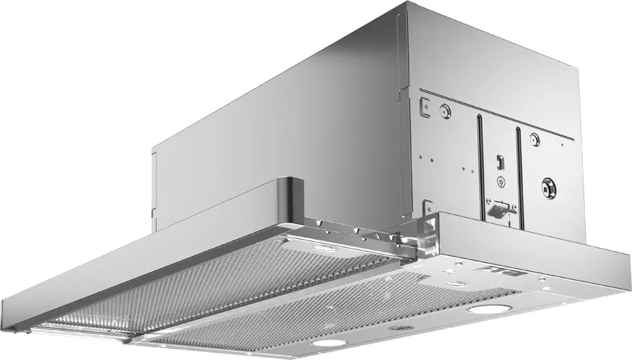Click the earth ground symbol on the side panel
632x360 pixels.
[x=501, y=183]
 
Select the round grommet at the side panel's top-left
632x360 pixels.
[x=445, y=112]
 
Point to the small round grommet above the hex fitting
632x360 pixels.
[x=534, y=139]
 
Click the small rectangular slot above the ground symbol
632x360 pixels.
[x=499, y=160]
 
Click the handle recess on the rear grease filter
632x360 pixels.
[x=323, y=248]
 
